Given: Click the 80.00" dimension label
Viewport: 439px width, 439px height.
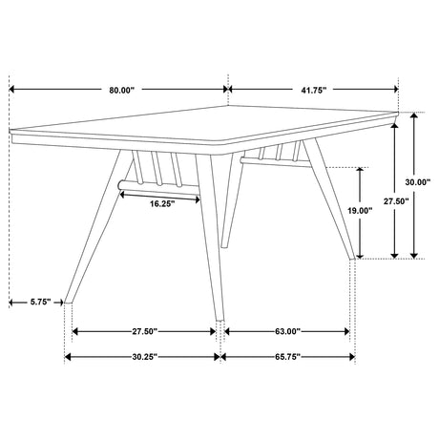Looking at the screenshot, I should tap(121, 90).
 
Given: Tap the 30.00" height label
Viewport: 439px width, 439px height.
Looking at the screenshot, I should tap(414, 182).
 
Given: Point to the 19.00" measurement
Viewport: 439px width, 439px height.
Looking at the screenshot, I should tap(359, 211).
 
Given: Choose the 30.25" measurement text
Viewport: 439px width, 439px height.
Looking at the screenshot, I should tap(144, 358).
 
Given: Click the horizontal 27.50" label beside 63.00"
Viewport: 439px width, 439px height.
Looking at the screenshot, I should tap(144, 332).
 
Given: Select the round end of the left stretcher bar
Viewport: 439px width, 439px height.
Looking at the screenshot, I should tap(120, 181).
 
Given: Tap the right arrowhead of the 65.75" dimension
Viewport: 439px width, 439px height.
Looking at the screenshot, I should tap(353, 358).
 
